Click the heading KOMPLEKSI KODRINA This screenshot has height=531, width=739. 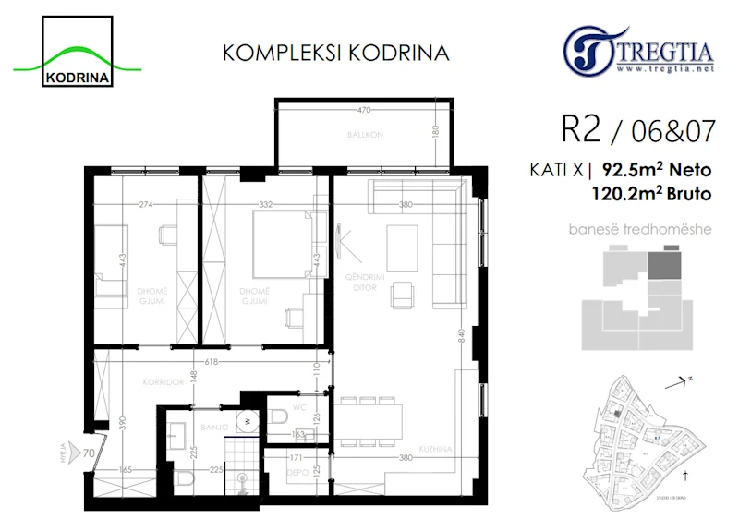pos(336,53)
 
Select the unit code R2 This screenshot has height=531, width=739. pos(579,130)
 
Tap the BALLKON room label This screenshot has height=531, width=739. pos(365,135)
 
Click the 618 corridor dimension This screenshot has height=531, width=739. pos(212,362)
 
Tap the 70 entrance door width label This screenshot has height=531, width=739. pos(88,453)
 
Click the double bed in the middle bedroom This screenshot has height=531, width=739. pos(281,243)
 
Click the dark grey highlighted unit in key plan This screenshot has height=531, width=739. pos(662,266)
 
